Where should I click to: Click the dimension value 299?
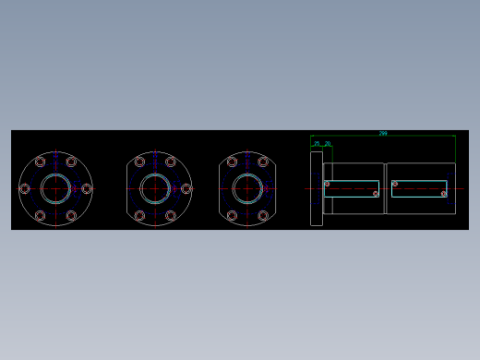tap(383, 134)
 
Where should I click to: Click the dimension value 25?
tap(317, 144)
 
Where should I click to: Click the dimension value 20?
tap(327, 144)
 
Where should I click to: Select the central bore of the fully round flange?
tap(55, 188)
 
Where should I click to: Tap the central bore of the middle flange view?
tap(155, 188)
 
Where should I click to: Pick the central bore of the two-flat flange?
tap(247, 188)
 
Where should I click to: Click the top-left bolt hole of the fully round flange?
tap(40, 162)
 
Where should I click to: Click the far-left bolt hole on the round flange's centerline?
tap(24, 188)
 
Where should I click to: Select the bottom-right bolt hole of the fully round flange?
tap(71, 216)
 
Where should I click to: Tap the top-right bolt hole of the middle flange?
tap(171, 162)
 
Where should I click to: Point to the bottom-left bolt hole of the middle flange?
tap(139, 216)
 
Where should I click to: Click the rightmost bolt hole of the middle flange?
tap(186, 188)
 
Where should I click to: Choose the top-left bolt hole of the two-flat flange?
tap(232, 162)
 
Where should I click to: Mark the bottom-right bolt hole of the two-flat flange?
tap(263, 216)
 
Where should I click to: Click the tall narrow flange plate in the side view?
tap(317, 188)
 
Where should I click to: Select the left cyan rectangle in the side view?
tap(352, 188)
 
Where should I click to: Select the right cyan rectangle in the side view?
tap(419, 188)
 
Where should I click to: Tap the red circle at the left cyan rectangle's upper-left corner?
tap(327, 184)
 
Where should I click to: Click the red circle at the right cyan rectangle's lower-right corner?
tap(444, 194)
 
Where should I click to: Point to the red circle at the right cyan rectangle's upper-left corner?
tap(395, 184)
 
